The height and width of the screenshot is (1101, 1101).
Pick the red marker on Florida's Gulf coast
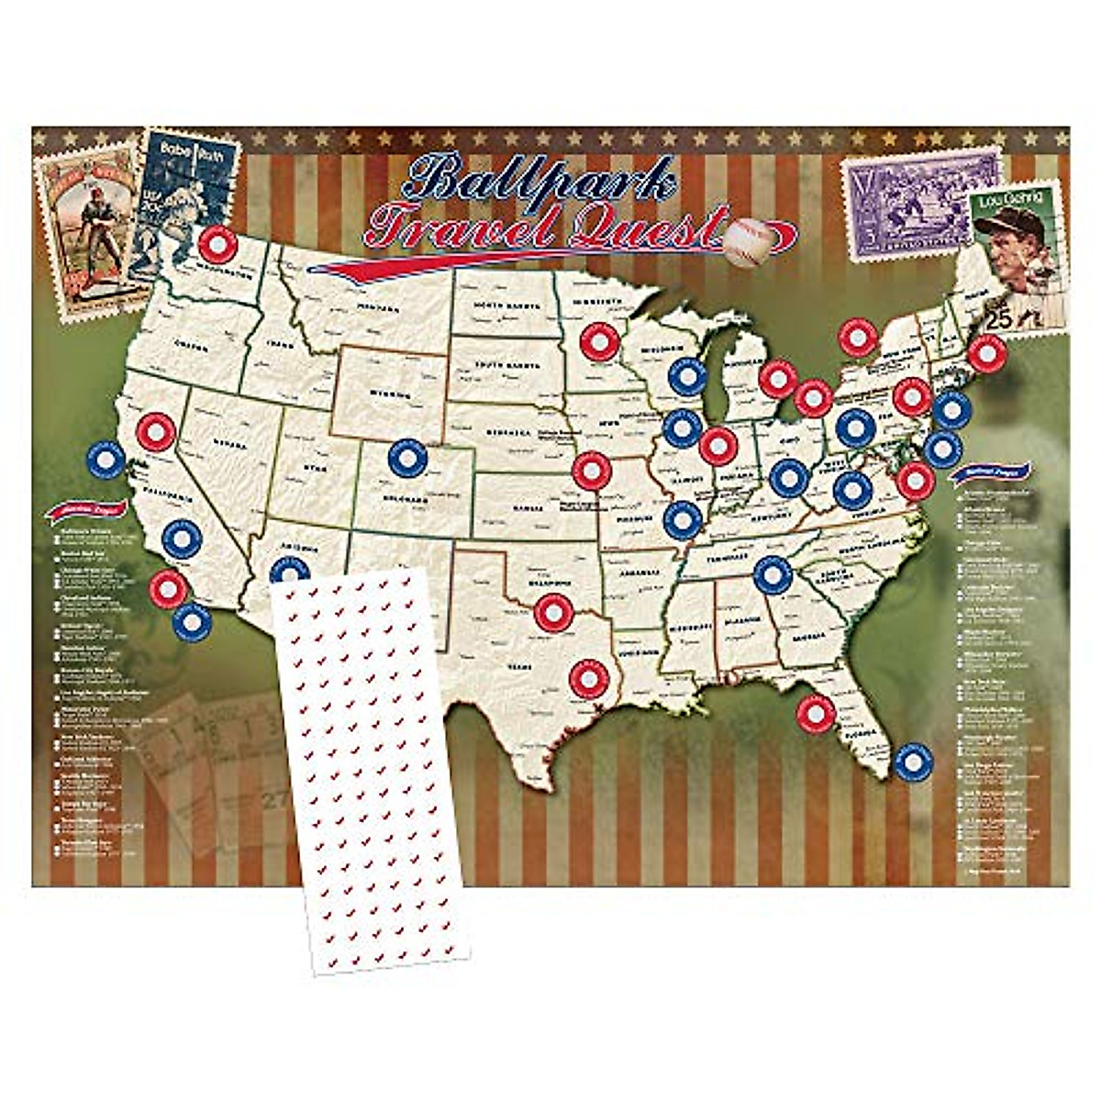click(814, 713)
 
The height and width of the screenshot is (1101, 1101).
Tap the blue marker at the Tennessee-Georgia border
click(773, 574)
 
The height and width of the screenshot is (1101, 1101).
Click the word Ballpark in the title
click(541, 182)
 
